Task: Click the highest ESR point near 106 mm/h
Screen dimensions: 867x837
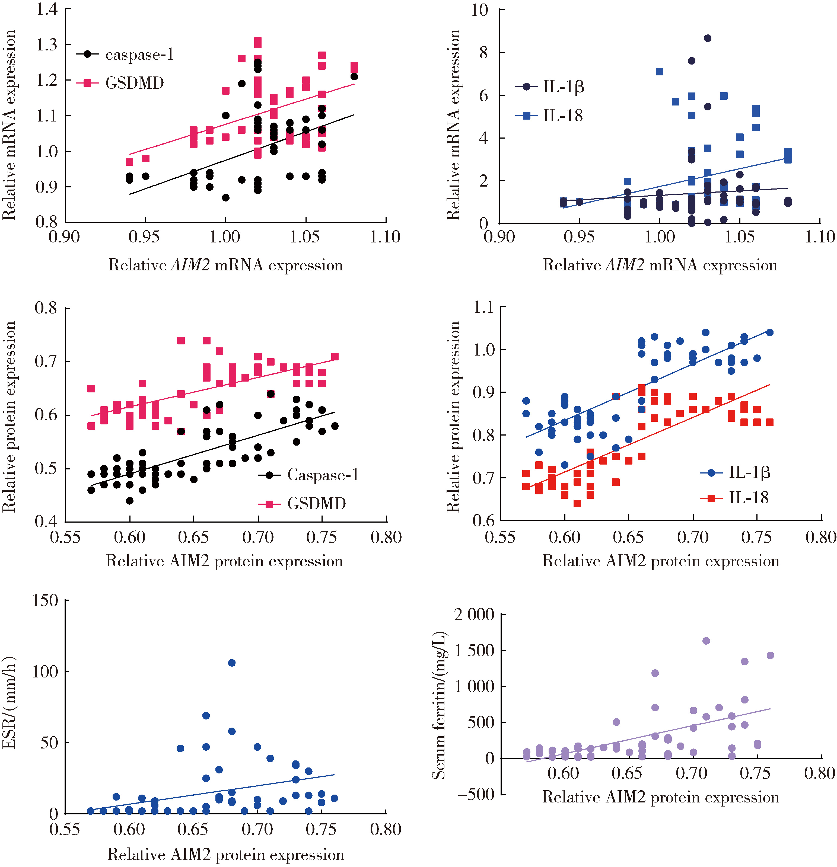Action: pos(231,663)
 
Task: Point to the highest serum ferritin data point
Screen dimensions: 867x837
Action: pos(706,641)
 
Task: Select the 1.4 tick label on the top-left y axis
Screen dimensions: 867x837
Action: pos(46,9)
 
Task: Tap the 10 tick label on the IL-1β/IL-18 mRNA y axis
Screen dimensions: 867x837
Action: pos(479,10)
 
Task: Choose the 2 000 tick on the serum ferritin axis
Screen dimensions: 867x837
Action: pos(474,615)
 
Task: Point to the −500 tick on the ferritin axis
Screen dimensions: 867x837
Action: pos(476,794)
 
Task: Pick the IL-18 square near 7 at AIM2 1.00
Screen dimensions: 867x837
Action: pos(660,72)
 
